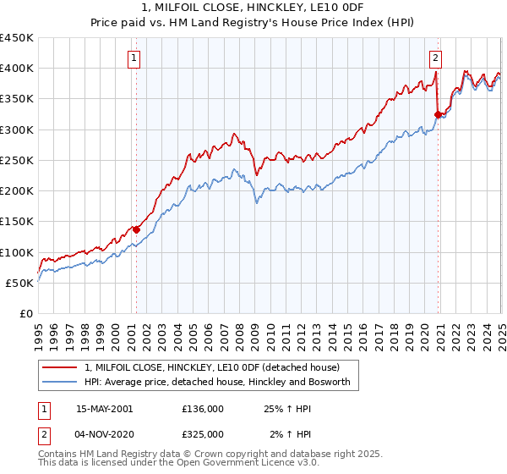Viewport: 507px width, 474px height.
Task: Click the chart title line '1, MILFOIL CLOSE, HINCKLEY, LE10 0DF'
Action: point(253,9)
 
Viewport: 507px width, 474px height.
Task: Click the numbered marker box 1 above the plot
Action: point(135,58)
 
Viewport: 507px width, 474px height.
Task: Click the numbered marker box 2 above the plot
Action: point(435,58)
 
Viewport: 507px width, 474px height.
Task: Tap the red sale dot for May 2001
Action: point(136,229)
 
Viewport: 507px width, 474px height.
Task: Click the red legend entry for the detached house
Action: point(212,367)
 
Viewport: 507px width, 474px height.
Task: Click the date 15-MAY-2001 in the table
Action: point(104,409)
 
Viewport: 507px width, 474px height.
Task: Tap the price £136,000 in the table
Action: point(203,409)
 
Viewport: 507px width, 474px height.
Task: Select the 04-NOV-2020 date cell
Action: point(104,434)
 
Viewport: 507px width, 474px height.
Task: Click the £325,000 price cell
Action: point(203,434)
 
